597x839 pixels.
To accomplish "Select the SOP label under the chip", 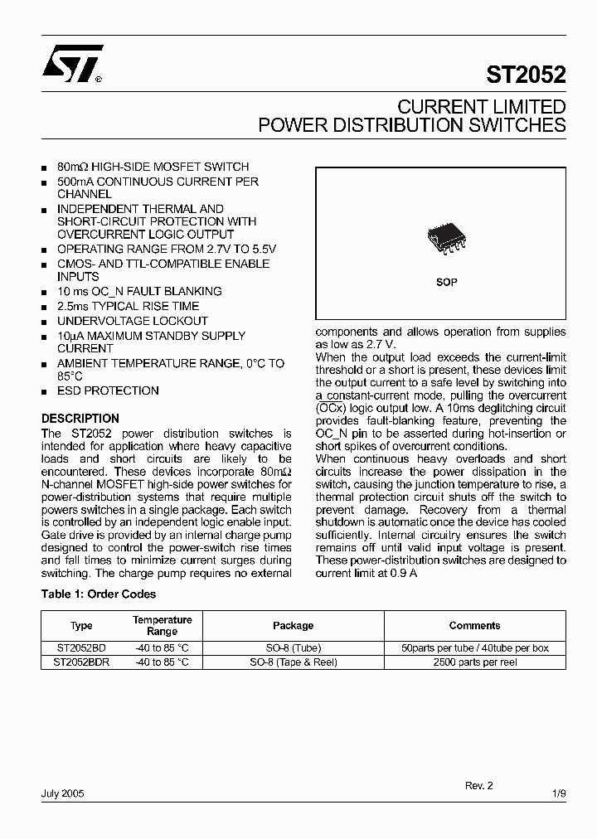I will pos(446,282).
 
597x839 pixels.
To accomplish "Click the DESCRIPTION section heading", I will pos(80,419).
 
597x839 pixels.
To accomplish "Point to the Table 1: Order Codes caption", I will pos(99,594).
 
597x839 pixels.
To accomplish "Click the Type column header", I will pos(81,626).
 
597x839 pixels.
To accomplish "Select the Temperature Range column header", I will pos(162,626).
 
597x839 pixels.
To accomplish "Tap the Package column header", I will pos(293,626).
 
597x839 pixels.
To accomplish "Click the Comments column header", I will pos(474,626).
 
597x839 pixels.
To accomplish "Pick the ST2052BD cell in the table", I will pos(81,648).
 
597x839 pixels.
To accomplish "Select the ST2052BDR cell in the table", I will pos(81,662).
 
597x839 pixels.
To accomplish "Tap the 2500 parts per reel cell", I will pos(474,662).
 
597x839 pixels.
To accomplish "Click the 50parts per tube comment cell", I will pos(474,648).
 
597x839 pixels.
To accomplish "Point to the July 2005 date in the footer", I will pos(63,793).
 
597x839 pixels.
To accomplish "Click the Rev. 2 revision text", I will pos(478,784).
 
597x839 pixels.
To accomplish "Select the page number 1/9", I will pos(559,793).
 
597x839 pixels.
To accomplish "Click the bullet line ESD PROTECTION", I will pos(108,390).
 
